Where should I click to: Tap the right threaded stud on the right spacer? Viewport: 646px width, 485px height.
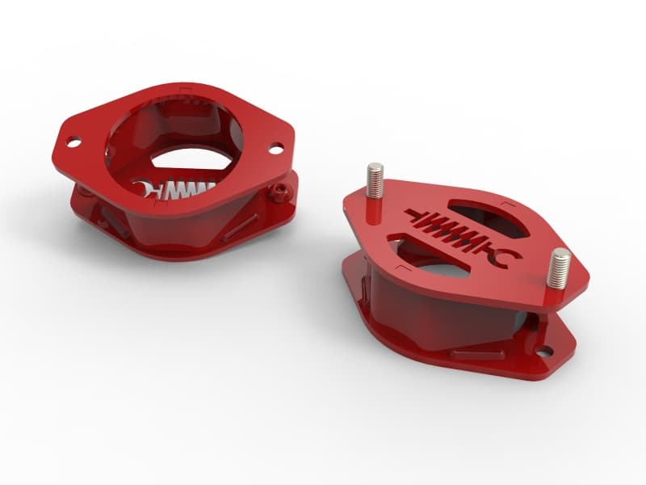pos(560,267)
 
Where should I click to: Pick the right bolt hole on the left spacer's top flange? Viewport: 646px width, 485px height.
pos(275,149)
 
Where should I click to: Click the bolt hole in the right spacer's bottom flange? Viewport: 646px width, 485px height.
pos(547,352)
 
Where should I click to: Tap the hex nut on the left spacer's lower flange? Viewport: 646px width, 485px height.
pos(279,192)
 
